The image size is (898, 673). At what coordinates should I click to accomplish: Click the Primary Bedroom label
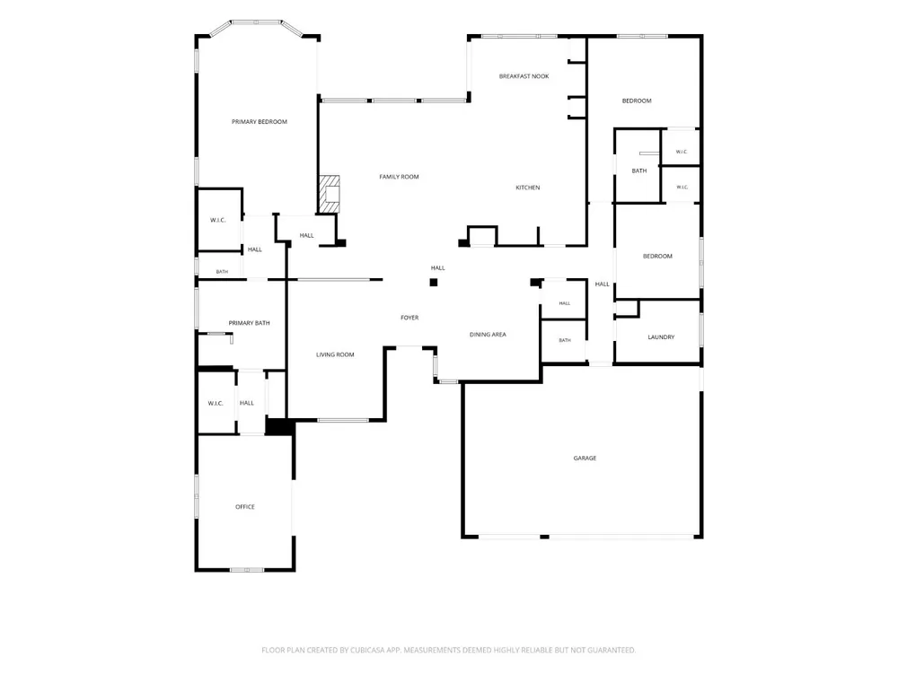[x=260, y=122]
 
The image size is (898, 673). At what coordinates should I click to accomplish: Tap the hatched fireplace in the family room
[x=330, y=195]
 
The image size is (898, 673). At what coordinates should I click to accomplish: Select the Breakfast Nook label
[x=524, y=76]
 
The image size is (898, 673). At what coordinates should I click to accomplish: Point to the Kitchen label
[x=527, y=188]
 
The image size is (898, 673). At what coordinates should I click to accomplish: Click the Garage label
[x=585, y=459]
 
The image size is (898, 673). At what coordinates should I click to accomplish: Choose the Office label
[x=245, y=507]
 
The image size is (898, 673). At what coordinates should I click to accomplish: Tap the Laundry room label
[x=661, y=337]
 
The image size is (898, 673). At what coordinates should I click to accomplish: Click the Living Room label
[x=335, y=354]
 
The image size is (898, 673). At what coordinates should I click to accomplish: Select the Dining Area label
[x=488, y=335]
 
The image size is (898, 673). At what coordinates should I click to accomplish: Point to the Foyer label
[x=409, y=318]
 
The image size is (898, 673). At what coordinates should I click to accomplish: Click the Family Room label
[x=400, y=177]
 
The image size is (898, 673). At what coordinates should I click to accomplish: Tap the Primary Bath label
[x=249, y=323]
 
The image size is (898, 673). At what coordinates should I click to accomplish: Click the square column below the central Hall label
[x=434, y=282]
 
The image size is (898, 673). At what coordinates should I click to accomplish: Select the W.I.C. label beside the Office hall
[x=216, y=404]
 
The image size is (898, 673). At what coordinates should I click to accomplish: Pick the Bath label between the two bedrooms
[x=639, y=170]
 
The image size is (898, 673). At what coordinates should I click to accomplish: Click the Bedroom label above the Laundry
[x=657, y=257]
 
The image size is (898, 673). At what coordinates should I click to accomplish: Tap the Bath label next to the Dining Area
[x=565, y=340]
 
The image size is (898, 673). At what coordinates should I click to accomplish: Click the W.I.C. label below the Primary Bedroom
[x=217, y=221]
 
